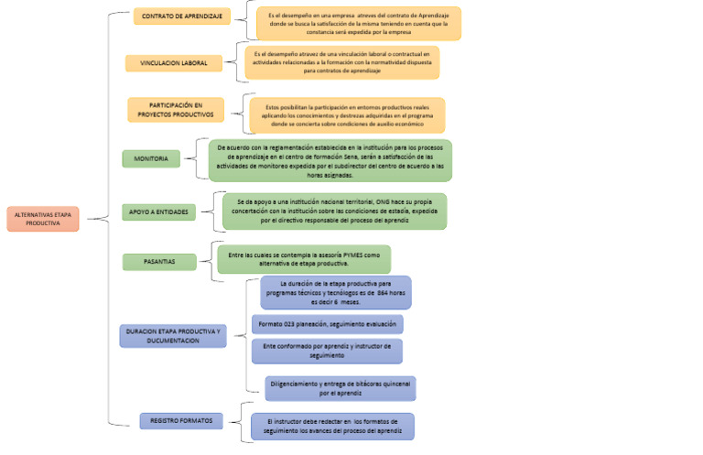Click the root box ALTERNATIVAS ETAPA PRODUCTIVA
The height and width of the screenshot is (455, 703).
(43, 218)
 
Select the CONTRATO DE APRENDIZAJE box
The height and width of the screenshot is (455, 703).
(180, 16)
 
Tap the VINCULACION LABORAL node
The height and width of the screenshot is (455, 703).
(173, 63)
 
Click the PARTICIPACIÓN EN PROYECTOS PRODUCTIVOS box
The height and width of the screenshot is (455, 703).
(175, 110)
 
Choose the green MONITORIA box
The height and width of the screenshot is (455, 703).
(151, 158)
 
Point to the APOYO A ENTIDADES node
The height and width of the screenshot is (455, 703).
(158, 211)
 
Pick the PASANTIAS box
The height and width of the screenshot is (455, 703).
(160, 262)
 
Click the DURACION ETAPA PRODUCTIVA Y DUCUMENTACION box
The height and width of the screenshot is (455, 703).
(172, 335)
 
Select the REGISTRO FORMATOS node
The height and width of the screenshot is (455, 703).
(181, 420)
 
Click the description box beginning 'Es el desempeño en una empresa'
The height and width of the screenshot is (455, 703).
(358, 24)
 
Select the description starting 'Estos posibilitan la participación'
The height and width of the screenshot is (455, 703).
(347, 115)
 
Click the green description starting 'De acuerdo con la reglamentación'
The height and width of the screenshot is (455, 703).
(330, 160)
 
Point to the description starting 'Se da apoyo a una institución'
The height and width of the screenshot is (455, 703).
(334, 211)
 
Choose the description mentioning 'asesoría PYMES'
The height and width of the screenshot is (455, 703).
(303, 258)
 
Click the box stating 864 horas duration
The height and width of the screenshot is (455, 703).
(335, 293)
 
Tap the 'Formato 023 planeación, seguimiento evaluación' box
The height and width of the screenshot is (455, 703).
(327, 324)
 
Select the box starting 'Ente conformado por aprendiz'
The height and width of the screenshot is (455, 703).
(326, 351)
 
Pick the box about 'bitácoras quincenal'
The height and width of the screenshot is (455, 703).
(341, 388)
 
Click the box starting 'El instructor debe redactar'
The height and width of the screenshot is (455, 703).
(333, 426)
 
